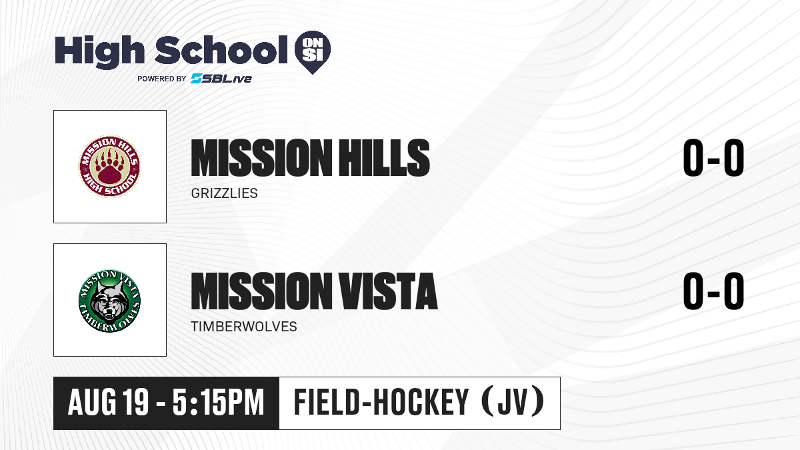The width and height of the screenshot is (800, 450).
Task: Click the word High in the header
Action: [99, 52]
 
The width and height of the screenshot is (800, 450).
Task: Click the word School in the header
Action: [221, 49]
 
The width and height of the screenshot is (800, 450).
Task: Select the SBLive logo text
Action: [221, 79]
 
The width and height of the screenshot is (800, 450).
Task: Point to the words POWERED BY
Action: [162, 79]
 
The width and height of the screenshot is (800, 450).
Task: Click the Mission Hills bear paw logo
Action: [109, 166]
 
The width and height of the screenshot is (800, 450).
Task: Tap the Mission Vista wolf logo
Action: [109, 301]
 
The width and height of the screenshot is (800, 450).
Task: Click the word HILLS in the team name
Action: [384, 158]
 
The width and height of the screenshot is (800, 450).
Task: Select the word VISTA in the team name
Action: [388, 291]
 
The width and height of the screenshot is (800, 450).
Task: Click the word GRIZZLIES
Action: [224, 193]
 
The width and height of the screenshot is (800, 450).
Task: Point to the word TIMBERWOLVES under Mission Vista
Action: [244, 327]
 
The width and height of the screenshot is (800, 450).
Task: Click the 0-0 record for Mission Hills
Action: [713, 158]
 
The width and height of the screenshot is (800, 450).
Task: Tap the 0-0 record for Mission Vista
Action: [713, 291]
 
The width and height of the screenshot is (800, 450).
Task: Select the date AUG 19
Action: [108, 403]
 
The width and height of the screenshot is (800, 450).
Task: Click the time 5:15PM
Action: [218, 403]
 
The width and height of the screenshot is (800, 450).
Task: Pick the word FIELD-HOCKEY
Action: [381, 403]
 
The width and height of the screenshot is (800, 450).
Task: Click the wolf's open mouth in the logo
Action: [109, 315]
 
